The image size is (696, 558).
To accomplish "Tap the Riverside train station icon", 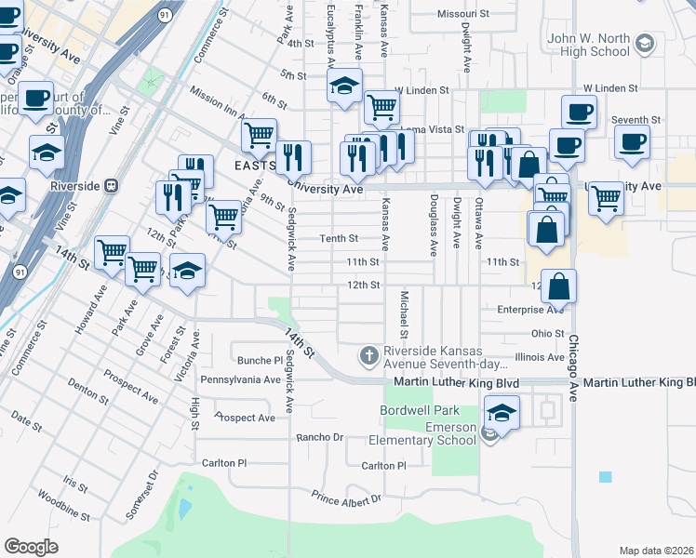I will pyautogui.click(x=113, y=185).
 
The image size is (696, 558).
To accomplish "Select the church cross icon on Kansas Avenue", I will pyautogui.click(x=369, y=355).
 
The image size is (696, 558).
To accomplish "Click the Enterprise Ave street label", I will pyautogui.click(x=530, y=309).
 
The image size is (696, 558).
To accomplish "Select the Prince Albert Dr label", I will pyautogui.click(x=346, y=499).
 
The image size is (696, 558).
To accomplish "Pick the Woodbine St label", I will pyautogui.click(x=71, y=510).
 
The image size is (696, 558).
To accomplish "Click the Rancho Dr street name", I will pyautogui.click(x=319, y=437).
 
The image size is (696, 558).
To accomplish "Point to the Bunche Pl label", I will pyautogui.click(x=260, y=361).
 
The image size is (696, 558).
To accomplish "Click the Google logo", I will pyautogui.click(x=32, y=546).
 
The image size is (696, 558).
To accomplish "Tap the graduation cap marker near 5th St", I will pyautogui.click(x=344, y=86).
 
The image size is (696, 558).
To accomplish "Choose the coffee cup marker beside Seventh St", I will pyautogui.click(x=632, y=141).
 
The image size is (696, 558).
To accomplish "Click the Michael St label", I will pyautogui.click(x=404, y=314).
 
